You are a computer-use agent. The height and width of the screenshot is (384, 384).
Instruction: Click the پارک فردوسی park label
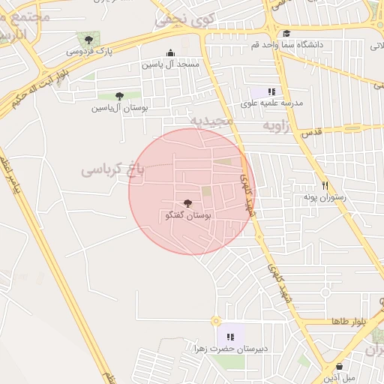point(88,52)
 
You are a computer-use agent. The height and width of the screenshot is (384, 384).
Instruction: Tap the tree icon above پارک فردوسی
point(89,40)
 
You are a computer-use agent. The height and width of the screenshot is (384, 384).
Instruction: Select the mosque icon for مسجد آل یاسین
point(170,53)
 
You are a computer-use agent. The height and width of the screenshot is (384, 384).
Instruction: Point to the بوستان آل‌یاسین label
point(119,108)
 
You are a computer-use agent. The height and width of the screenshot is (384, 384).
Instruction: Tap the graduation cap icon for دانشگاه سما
point(286,34)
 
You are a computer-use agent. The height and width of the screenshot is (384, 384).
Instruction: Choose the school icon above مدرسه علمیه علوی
point(271,91)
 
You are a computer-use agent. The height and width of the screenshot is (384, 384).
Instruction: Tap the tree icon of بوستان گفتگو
point(187,203)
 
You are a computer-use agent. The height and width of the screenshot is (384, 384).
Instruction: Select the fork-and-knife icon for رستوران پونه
point(325,185)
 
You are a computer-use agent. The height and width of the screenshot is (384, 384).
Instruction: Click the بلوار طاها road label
point(348,321)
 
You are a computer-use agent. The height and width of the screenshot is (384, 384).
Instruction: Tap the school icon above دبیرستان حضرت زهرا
point(231,337)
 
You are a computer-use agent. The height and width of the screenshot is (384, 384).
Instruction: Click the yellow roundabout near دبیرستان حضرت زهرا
point(215,321)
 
